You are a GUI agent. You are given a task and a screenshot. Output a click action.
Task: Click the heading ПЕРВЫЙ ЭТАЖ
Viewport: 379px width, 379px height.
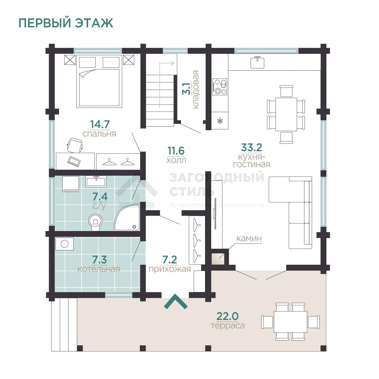point(66,23)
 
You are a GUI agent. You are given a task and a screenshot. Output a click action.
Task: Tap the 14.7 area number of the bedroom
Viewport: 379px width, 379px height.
point(100,124)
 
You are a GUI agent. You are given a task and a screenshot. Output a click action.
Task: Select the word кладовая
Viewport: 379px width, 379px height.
point(196,90)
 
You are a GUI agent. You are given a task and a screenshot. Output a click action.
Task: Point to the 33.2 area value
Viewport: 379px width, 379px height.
point(251,147)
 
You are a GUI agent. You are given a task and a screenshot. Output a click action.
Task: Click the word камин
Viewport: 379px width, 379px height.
point(249,239)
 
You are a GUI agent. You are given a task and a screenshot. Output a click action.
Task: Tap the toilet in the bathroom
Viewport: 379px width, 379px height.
point(95,222)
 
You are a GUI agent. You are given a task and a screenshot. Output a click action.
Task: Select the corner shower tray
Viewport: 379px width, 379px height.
point(127,217)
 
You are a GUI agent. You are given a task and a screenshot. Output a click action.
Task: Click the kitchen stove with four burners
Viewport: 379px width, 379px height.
point(220,87)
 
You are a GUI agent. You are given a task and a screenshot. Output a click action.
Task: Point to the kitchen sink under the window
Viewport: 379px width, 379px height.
point(257,62)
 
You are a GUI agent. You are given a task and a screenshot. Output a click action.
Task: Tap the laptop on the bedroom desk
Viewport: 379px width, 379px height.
point(74,161)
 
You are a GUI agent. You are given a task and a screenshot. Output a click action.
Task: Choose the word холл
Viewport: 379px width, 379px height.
point(176,160)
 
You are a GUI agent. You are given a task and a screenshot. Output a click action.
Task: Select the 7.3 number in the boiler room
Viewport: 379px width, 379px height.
point(100,260)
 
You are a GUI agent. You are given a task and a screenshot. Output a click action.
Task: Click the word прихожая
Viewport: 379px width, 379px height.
point(170,269)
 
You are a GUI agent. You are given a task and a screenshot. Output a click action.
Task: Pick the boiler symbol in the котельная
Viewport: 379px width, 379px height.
point(65,244)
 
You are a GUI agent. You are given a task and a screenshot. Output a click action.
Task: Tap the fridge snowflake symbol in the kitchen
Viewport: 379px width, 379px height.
point(220,121)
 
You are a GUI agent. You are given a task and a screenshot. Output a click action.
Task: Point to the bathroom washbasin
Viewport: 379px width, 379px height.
point(96,182)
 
